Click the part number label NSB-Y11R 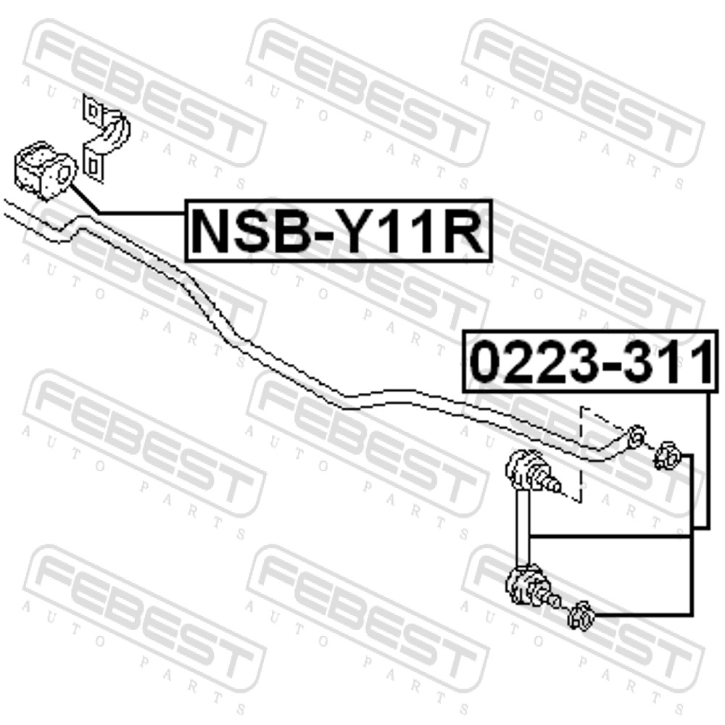pos(338,231)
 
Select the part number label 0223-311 pos(592,361)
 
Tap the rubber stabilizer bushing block pos(45,170)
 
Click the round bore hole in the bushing pos(65,173)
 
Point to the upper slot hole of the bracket pos(93,111)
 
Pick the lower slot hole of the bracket pos(93,165)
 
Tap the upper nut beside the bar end pos(666,455)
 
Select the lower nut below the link pos(581,616)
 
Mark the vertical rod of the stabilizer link pos(523,527)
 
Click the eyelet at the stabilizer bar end pos(637,435)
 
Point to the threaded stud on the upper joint pos(552,484)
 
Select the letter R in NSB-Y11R pos(464,231)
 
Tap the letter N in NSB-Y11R pos(211,231)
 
